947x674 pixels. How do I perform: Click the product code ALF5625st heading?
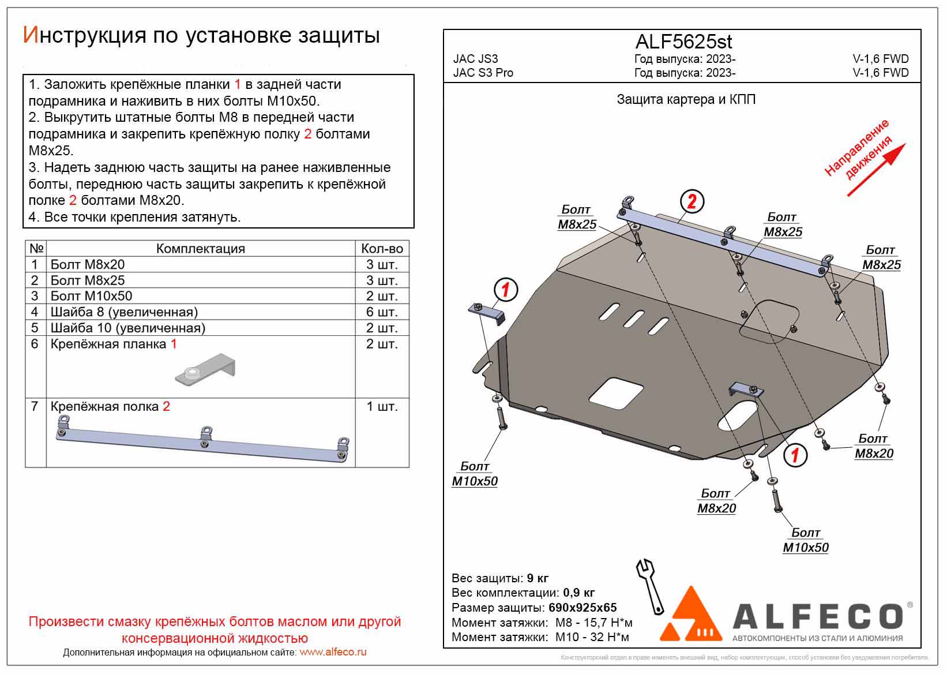(684, 42)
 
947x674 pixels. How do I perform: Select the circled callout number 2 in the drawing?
(692, 201)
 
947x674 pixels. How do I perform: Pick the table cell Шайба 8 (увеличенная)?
(124, 312)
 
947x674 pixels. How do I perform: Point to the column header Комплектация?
(200, 249)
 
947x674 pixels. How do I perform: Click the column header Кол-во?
(382, 249)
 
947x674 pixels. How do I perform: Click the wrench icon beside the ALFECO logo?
(650, 585)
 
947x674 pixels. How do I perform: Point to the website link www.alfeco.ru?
(333, 652)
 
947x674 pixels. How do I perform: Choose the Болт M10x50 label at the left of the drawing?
(474, 474)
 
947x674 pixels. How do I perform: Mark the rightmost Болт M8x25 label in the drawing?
(881, 257)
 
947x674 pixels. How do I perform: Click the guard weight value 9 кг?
(537, 578)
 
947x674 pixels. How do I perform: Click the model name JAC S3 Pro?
(483, 73)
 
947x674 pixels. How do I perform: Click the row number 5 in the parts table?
(35, 328)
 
